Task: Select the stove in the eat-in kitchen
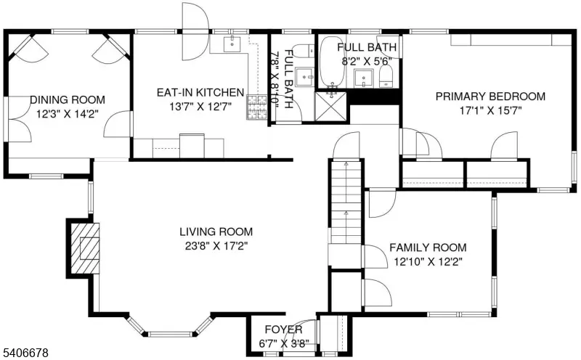pyautogui.click(x=256, y=107)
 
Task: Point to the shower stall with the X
pyautogui.click(x=330, y=107)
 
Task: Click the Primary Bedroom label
pyautogui.click(x=490, y=97)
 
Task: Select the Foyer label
pyautogui.click(x=277, y=330)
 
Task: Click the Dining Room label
pyautogui.click(x=67, y=99)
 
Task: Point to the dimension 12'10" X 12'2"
pyautogui.click(x=428, y=261)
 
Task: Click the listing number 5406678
pyautogui.click(x=26, y=352)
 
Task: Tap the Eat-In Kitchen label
pyautogui.click(x=200, y=92)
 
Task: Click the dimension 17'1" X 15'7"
pyautogui.click(x=490, y=111)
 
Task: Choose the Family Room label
pyautogui.click(x=428, y=247)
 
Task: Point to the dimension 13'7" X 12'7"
pyautogui.click(x=200, y=107)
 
